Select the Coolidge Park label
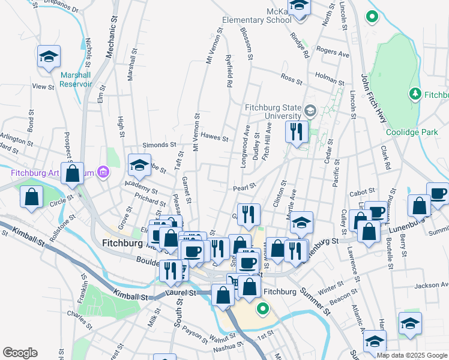pyautogui.click(x=421, y=132)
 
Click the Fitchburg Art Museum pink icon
pyautogui.click(x=103, y=173)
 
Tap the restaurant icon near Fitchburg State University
pyautogui.click(x=297, y=131)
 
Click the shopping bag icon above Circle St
pyautogui.click(x=31, y=197)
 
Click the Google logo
pyautogui.click(x=20, y=353)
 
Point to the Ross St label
pyautogui.click(x=291, y=78)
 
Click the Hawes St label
pyautogui.click(x=214, y=137)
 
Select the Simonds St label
pyautogui.click(x=159, y=145)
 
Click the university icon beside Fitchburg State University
pyautogui.click(x=310, y=110)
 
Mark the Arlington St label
pyautogui.click(x=16, y=140)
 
